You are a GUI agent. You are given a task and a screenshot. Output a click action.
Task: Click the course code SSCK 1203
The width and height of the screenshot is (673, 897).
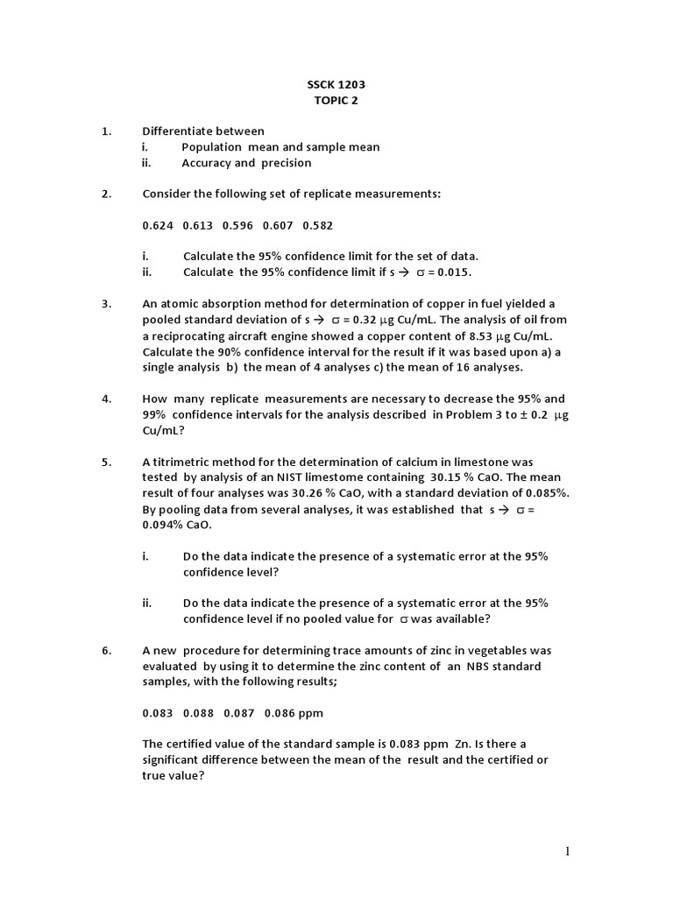point(336,85)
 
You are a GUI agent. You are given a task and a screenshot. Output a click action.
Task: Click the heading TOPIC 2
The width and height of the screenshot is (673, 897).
point(336,101)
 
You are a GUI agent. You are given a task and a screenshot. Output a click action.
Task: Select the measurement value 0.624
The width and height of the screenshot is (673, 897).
point(158,225)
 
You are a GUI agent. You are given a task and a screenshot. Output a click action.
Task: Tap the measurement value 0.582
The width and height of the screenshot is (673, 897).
point(317,225)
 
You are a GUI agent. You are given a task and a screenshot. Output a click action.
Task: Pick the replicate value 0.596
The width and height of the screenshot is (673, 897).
point(237,225)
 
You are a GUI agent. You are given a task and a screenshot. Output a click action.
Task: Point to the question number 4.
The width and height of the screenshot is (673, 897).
point(106,398)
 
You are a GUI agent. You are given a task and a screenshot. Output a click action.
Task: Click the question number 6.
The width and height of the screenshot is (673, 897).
point(106,650)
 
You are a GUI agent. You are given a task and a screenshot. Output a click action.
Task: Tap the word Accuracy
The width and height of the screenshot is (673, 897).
point(206,163)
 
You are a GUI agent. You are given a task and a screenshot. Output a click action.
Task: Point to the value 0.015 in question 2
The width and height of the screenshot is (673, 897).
point(452,272)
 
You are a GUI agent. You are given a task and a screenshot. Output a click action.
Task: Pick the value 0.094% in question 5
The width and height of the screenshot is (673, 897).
point(161,524)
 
